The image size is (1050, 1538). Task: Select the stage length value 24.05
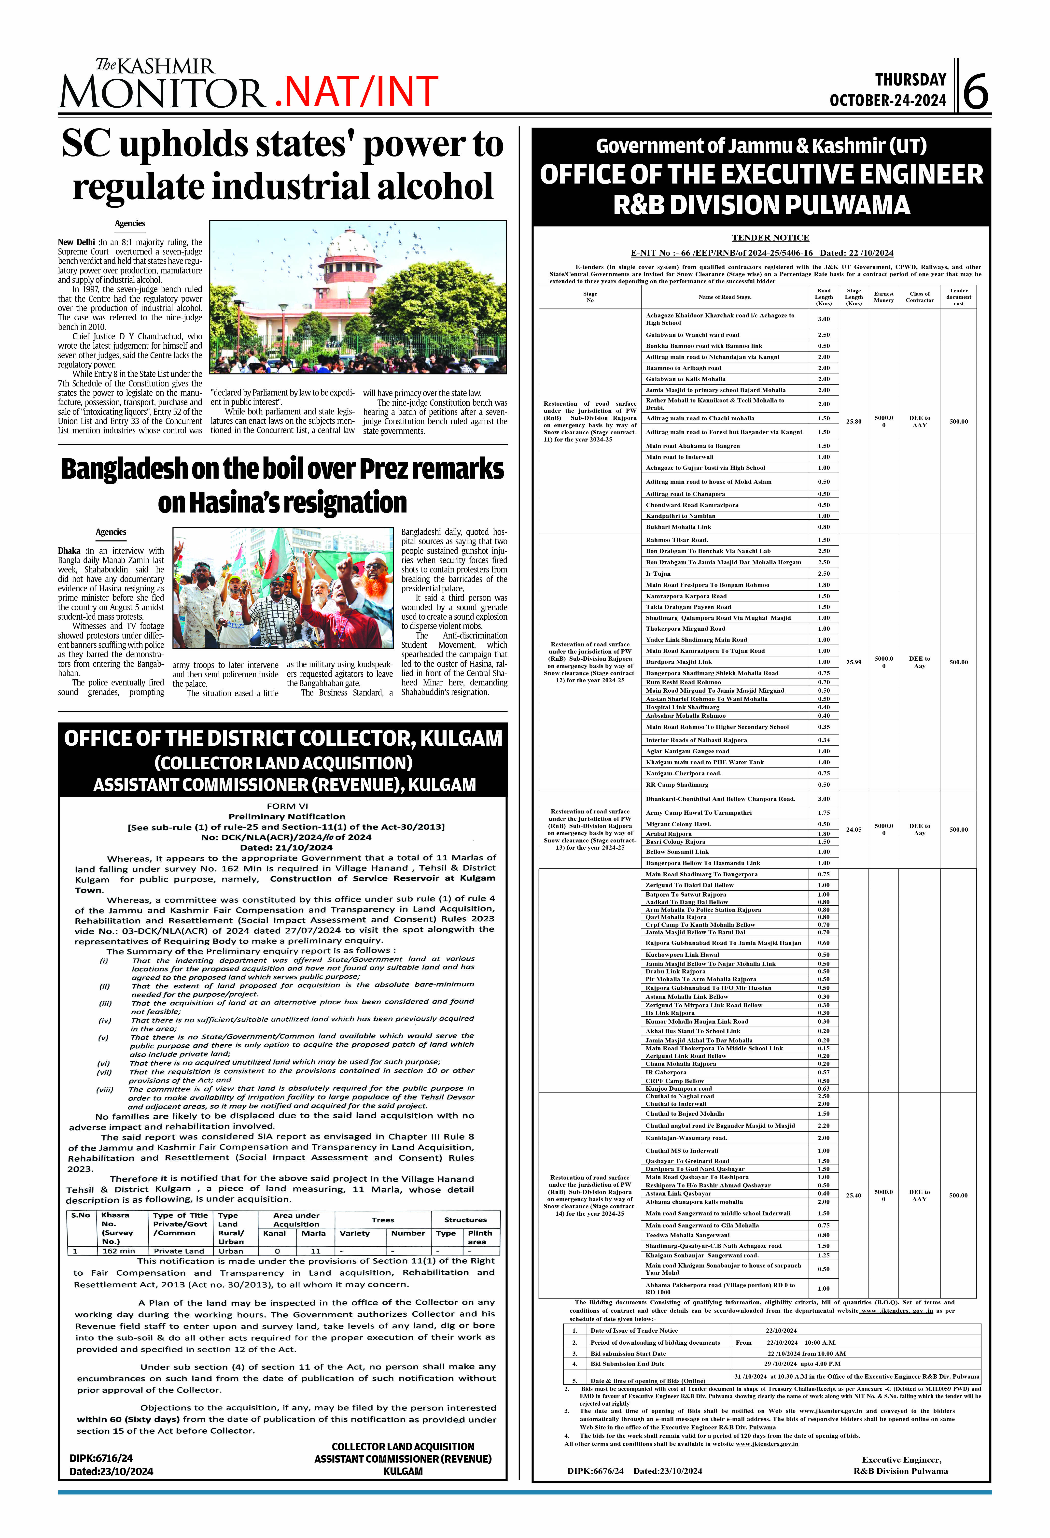(x=854, y=829)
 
